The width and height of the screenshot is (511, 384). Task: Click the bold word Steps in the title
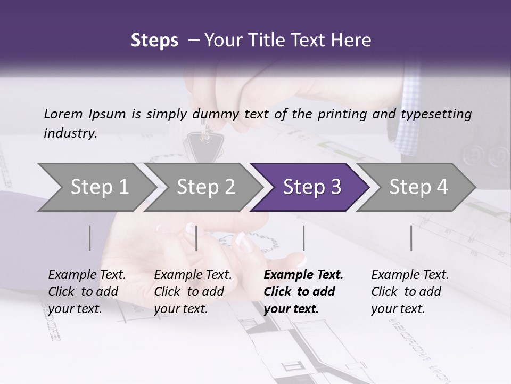(x=154, y=41)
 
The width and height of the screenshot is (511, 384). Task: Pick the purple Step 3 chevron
(x=312, y=187)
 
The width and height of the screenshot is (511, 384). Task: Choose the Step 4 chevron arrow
(x=418, y=187)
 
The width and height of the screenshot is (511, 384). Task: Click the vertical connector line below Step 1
(x=90, y=238)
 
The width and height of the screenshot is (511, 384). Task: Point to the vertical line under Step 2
(x=196, y=238)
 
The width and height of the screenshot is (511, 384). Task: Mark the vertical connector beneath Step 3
(x=304, y=238)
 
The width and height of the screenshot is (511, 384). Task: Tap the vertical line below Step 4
(x=411, y=238)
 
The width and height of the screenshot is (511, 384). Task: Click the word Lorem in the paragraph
(x=63, y=114)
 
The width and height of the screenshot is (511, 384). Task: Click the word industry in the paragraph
(x=70, y=133)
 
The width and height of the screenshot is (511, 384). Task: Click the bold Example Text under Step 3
(x=303, y=275)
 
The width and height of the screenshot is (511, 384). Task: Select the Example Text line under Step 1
(x=87, y=275)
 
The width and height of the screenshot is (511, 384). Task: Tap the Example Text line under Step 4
(x=410, y=275)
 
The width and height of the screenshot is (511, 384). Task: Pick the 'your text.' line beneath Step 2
(x=180, y=309)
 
